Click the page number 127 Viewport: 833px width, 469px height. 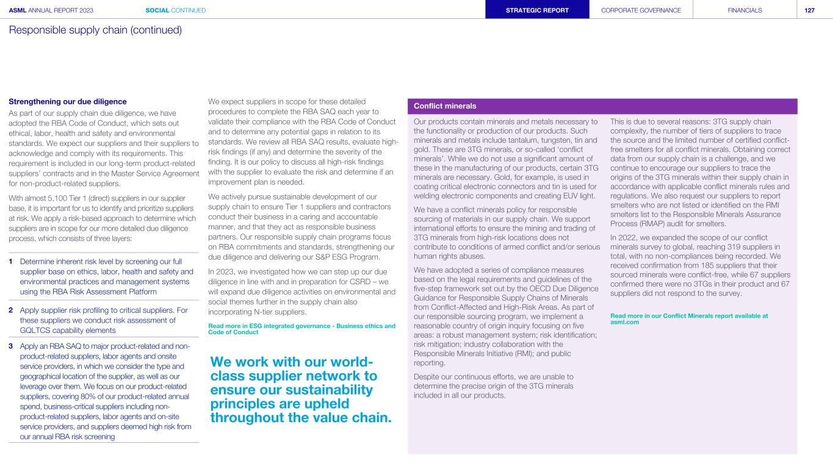(810, 10)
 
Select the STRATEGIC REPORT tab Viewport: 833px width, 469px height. (537, 10)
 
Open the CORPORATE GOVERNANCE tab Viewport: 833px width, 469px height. (641, 10)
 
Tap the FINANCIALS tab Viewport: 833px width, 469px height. (745, 10)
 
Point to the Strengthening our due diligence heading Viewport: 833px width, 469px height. (68, 101)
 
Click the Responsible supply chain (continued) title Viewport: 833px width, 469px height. (95, 30)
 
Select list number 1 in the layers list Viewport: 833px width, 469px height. (11, 262)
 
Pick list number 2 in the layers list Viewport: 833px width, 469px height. (11, 310)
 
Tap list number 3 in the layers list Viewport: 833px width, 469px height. (11, 346)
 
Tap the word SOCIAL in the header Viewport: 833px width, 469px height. (159, 10)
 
